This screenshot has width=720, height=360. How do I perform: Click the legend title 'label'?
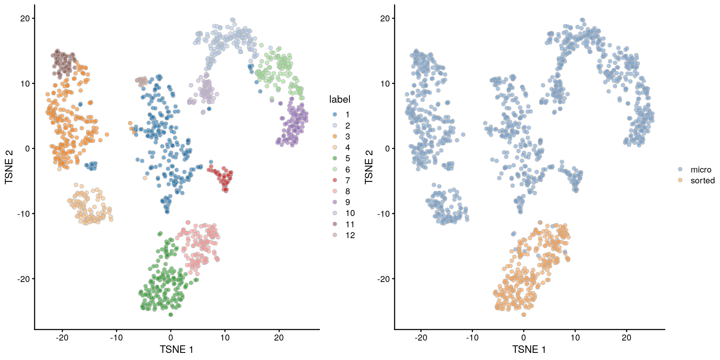[x=339, y=99]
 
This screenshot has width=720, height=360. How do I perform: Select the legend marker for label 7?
[x=335, y=180]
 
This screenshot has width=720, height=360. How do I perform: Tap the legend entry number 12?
[x=350, y=235]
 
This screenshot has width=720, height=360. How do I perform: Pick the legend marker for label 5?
[x=335, y=158]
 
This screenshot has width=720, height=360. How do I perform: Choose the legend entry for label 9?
[x=348, y=202]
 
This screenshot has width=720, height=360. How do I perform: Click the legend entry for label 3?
[x=348, y=136]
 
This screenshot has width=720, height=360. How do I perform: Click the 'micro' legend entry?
[x=700, y=169]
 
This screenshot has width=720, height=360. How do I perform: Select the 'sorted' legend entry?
[x=702, y=180]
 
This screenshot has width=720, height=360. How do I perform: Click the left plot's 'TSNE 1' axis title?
[x=176, y=349]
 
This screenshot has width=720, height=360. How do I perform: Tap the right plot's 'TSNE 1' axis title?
[x=529, y=349]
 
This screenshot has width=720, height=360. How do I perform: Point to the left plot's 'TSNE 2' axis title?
[x=9, y=167]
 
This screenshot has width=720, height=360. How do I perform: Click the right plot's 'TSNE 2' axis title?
[x=369, y=167]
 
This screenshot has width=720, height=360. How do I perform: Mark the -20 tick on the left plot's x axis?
[x=62, y=337]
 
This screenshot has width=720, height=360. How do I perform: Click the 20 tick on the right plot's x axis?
[x=626, y=337]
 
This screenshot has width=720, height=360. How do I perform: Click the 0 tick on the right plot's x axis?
[x=523, y=337]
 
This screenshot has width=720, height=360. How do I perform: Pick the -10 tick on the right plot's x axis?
[x=472, y=337]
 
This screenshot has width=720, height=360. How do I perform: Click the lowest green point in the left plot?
[x=171, y=315]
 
